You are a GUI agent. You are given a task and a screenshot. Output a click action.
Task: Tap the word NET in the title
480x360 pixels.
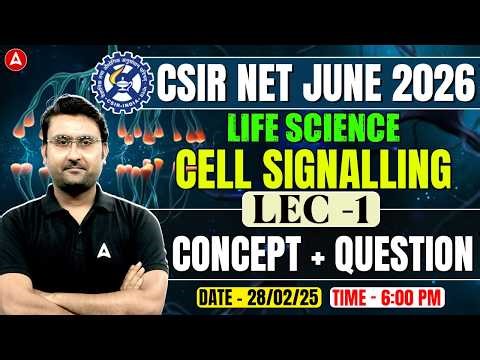[262, 80]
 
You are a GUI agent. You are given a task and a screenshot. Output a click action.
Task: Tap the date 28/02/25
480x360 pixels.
[280, 299]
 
